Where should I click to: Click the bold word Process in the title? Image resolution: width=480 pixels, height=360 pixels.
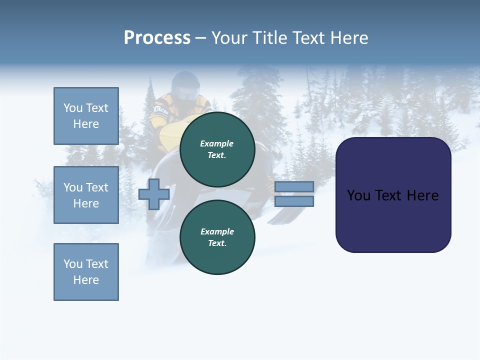157,38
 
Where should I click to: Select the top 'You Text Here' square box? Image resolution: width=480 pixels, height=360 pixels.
86,116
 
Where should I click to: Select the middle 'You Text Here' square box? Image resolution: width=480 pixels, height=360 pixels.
86,195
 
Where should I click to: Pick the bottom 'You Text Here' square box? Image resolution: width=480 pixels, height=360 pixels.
86,272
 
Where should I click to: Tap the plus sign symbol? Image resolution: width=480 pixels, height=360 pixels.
154,194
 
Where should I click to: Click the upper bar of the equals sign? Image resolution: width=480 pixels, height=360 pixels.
294,186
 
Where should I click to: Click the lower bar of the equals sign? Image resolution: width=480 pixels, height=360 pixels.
294,201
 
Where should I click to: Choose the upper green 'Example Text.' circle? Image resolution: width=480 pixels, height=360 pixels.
217,149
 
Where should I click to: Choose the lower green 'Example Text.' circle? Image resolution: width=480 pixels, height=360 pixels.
217,237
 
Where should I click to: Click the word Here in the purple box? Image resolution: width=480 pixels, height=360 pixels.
422,195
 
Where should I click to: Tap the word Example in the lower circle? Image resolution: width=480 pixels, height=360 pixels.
217,231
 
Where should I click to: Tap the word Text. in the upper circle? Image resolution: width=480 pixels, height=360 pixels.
217,155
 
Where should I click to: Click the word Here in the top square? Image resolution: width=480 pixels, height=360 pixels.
86,124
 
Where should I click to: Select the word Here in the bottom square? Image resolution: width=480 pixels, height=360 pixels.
86,280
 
